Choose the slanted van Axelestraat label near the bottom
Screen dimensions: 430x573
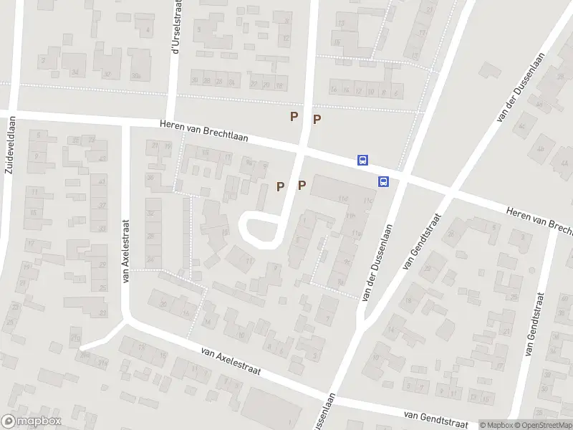tap(231, 363)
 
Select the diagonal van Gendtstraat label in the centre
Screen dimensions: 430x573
tap(421, 241)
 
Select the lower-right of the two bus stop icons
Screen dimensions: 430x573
tap(384, 181)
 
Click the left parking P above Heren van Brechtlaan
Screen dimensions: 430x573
tap(294, 116)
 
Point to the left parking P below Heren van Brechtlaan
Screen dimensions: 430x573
tap(280, 186)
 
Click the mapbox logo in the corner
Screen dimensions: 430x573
tap(32, 421)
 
